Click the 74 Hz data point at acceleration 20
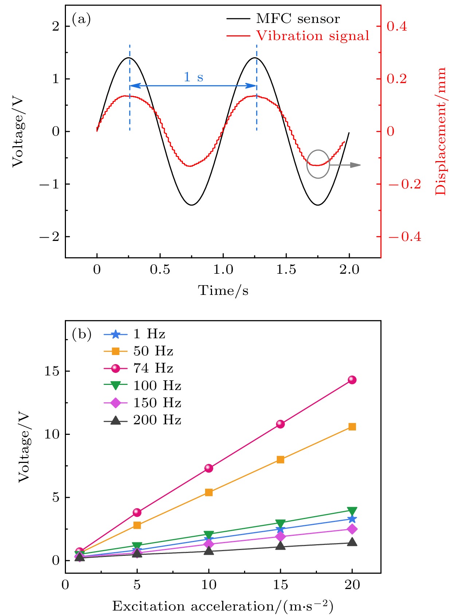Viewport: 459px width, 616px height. [352, 380]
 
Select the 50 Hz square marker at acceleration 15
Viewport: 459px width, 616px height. [280, 460]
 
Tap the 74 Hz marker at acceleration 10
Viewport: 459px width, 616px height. [209, 468]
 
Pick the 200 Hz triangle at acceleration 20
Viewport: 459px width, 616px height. [352, 542]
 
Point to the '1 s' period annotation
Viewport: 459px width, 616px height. [193, 77]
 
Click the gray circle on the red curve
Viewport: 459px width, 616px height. [318, 164]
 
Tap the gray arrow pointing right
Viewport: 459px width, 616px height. [346, 165]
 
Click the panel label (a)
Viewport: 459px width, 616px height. [81, 19]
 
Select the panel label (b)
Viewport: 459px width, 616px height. [81, 334]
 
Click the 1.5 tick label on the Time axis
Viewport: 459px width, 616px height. [286, 270]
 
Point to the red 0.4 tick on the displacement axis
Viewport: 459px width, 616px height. [397, 26]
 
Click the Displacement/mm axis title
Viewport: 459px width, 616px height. [440, 131]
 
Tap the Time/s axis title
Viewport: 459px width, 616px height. [223, 291]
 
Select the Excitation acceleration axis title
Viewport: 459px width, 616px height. [223, 606]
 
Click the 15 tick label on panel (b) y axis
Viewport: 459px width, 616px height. [51, 371]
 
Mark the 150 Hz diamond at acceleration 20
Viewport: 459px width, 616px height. [352, 529]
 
